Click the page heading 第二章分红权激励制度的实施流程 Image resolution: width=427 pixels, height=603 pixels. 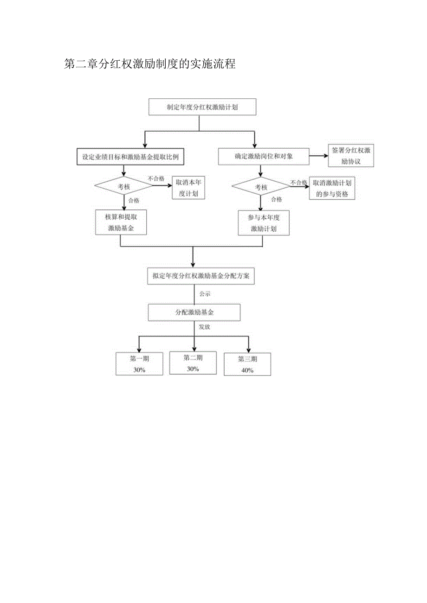click(x=150, y=64)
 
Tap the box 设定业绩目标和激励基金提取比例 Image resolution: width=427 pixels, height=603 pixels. click(x=133, y=157)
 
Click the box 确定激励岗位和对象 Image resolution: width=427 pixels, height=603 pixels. click(x=264, y=157)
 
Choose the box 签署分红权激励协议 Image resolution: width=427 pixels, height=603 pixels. click(x=351, y=156)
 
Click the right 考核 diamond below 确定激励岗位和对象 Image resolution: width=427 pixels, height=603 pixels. click(x=261, y=187)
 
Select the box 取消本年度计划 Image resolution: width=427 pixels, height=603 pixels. click(x=188, y=188)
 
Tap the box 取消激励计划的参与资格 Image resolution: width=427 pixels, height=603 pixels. click(x=332, y=189)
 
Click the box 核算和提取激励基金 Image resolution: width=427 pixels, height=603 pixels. click(x=121, y=222)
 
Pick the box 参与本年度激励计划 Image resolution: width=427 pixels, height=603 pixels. click(x=263, y=223)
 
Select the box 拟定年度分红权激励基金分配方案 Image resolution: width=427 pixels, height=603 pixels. click(x=201, y=276)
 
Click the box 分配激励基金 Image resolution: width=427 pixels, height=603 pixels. click(x=194, y=312)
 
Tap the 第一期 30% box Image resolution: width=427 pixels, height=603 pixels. click(x=139, y=364)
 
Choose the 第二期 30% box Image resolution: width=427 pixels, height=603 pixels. click(x=193, y=363)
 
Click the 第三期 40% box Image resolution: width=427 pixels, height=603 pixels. click(x=247, y=364)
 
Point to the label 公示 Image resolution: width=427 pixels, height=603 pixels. click(x=205, y=294)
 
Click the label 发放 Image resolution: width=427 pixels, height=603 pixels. click(x=204, y=327)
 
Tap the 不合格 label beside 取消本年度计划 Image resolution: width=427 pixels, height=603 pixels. click(x=156, y=178)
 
